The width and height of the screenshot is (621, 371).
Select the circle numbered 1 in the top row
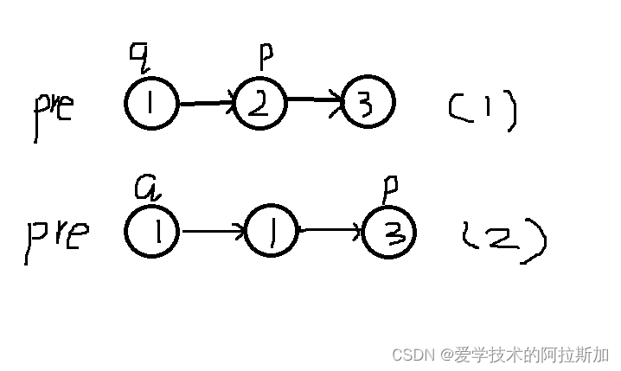(x=151, y=104)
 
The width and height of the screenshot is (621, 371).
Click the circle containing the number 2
(x=259, y=104)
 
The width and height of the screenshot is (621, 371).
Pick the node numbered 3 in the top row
(x=368, y=104)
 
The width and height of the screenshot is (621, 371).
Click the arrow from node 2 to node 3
(x=314, y=102)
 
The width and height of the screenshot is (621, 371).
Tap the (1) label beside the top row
(x=483, y=111)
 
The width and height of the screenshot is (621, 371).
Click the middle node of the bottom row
(x=271, y=233)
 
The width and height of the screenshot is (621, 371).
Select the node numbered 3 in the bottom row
(x=389, y=234)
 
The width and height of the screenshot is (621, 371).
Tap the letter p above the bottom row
(x=390, y=189)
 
